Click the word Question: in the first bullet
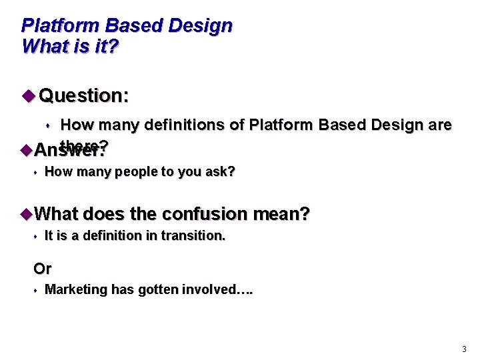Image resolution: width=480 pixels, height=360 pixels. tap(84, 96)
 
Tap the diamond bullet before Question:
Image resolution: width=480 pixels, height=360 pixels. tap(27, 95)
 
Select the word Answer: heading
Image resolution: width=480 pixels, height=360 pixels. tap(69, 151)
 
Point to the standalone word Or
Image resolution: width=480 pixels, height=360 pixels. tap(42, 269)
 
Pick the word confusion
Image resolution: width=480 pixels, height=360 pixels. tap(206, 214)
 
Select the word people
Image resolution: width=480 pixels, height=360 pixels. tap(137, 172)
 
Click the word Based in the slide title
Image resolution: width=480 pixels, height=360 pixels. tap(127, 26)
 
